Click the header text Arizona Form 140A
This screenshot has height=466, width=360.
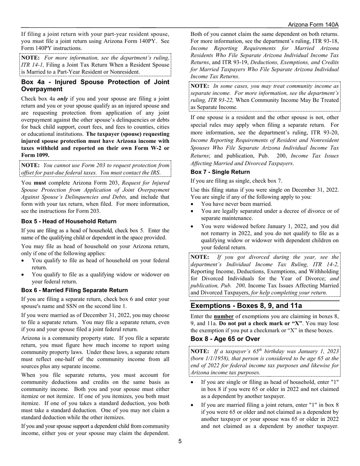[313, 25]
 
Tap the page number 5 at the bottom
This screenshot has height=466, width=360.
[180, 441]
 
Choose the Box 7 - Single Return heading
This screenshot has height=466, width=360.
[220, 172]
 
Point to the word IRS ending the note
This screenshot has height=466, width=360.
[155, 173]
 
